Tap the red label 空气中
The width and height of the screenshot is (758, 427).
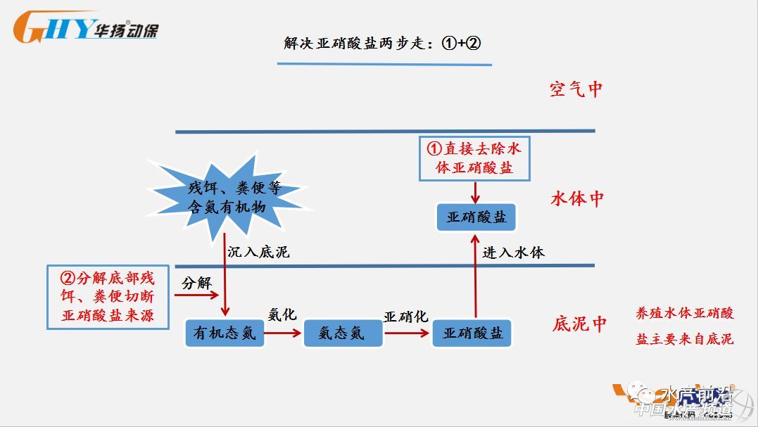click(x=576, y=89)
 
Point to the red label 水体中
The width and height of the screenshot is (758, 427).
click(x=577, y=198)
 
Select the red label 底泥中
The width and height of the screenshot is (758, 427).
click(x=579, y=324)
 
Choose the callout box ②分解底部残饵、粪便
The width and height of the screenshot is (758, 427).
click(x=108, y=296)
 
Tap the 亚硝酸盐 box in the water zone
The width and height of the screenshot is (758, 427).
click(x=476, y=217)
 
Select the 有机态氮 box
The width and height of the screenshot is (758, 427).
click(x=225, y=333)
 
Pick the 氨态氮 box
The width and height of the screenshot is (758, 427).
click(x=342, y=333)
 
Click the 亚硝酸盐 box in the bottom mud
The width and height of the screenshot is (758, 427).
click(x=473, y=333)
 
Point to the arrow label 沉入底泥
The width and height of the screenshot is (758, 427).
click(x=258, y=251)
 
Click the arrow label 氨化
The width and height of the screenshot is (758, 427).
click(x=282, y=314)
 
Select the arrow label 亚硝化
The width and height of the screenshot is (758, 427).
click(x=405, y=317)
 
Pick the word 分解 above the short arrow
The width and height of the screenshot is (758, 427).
click(x=196, y=283)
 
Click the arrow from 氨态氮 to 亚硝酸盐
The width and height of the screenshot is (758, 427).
click(x=406, y=333)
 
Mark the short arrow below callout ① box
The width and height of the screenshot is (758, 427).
click(x=476, y=191)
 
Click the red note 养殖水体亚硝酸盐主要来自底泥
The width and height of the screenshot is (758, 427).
click(x=684, y=326)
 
